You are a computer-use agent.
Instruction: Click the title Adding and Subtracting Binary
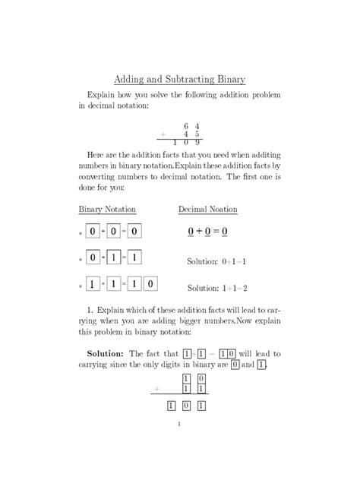[x=179, y=78]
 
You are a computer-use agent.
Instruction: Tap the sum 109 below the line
[x=186, y=142]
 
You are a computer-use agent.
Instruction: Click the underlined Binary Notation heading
[x=107, y=209]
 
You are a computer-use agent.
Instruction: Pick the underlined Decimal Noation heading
[x=207, y=209]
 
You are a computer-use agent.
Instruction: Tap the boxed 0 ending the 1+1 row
[x=150, y=285]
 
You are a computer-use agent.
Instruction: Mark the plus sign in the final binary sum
[x=156, y=389]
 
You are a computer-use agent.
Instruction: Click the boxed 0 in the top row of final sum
[x=201, y=377]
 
